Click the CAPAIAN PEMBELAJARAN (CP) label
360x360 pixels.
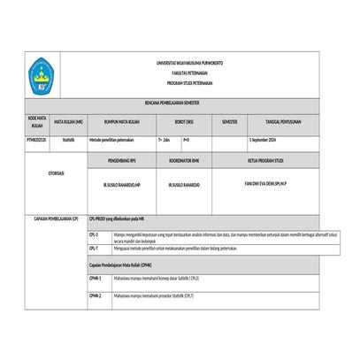click(x=56, y=217)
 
